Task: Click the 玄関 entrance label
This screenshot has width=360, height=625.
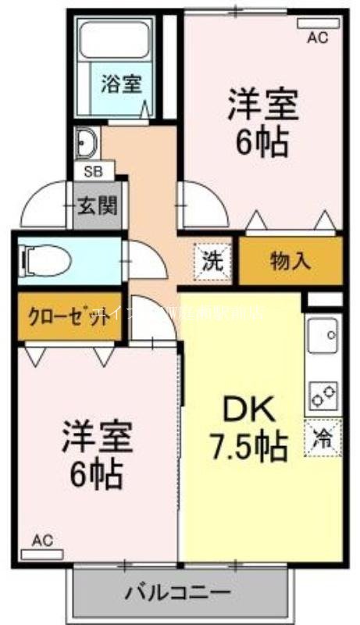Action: click(98, 205)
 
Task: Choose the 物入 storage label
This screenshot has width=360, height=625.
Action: click(290, 260)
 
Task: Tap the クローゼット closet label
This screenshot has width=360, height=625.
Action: click(68, 317)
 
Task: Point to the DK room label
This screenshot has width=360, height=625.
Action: click(249, 408)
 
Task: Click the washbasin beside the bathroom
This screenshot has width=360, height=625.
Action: click(85, 143)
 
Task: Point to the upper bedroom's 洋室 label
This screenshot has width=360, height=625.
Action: click(263, 105)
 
